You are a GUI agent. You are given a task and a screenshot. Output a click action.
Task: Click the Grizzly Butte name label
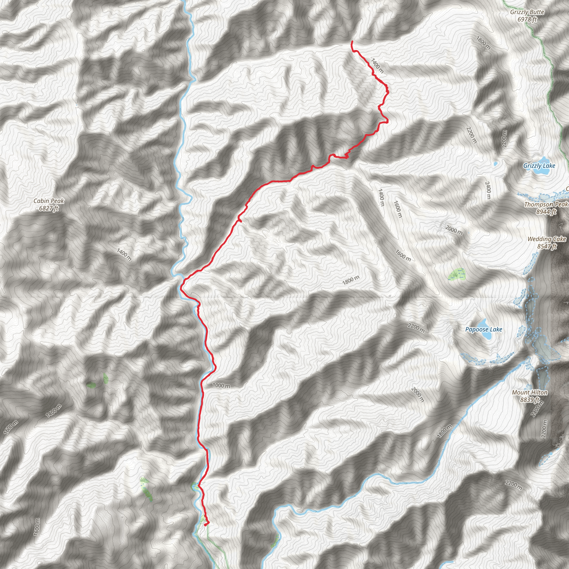527,12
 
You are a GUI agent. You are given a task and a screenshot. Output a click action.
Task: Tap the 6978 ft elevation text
527,19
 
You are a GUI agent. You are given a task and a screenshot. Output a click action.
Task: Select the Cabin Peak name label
49,201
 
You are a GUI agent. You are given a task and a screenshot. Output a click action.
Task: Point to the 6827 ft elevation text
49,208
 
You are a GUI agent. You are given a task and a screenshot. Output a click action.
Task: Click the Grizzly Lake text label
539,166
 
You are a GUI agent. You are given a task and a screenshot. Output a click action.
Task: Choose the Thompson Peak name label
546,204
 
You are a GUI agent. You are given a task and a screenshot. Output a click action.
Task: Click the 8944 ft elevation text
546,211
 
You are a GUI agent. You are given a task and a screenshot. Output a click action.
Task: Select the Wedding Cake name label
546,239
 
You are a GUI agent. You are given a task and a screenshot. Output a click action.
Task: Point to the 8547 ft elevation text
546,246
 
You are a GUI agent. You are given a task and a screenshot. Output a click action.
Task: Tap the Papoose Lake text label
484,329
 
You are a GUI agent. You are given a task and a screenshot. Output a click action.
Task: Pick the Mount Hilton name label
530,392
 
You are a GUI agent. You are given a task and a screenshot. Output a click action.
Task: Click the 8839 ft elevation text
530,400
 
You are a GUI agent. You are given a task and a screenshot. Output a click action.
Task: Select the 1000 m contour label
221,386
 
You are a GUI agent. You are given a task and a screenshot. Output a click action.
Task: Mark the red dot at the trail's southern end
205,524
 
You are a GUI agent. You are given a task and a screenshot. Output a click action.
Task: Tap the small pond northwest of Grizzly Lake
495,163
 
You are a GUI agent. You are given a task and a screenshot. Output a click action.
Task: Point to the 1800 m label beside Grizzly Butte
483,43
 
